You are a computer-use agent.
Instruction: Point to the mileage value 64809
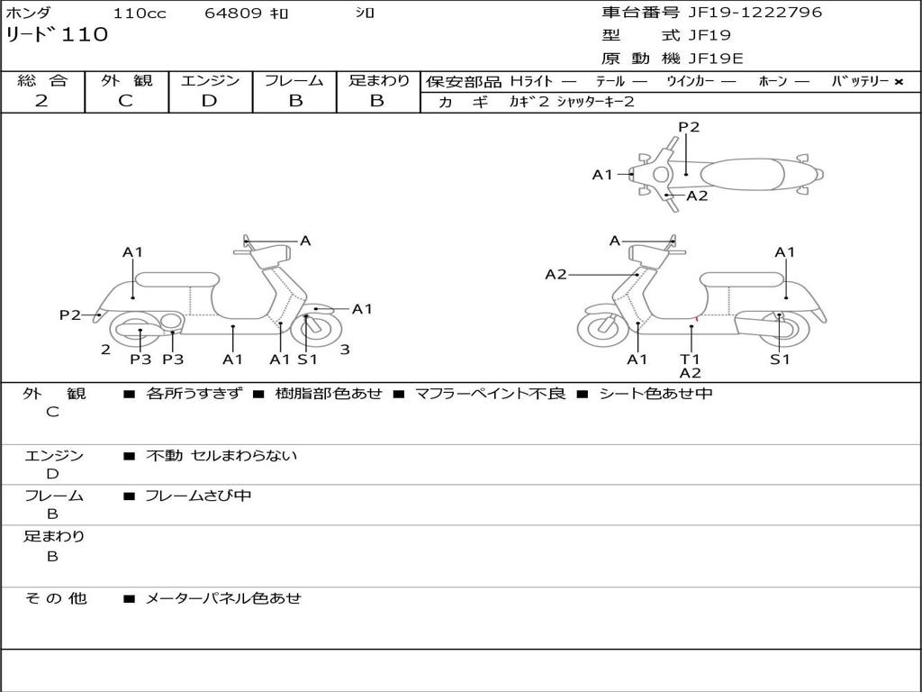[233, 14]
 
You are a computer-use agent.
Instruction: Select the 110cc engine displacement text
[133, 14]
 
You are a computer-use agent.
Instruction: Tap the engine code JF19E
[716, 59]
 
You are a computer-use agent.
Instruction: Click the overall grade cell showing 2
[41, 101]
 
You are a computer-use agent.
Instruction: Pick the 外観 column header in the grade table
[126, 80]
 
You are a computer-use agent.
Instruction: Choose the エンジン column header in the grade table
[210, 80]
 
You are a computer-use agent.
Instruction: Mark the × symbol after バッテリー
[898, 82]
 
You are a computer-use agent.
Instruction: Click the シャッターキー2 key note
[595, 102]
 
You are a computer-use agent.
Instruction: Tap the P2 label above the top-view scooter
[689, 127]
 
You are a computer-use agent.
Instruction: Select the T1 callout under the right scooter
[690, 360]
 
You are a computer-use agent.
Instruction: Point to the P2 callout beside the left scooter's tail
[70, 314]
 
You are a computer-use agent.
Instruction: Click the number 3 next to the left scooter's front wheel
[345, 350]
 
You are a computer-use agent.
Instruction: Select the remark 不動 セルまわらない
[221, 456]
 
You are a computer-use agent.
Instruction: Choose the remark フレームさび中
[198, 496]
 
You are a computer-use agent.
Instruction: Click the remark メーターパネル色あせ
[223, 598]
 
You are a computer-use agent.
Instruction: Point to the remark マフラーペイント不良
[490, 394]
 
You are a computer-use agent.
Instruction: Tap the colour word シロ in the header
[365, 14]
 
